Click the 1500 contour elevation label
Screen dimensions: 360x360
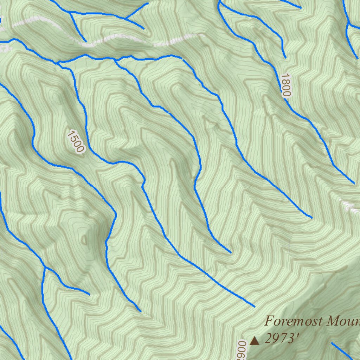76,141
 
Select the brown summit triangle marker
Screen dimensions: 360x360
255,340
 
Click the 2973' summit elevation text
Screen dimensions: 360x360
282,339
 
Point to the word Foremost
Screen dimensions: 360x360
292,321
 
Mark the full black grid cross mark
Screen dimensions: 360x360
289,246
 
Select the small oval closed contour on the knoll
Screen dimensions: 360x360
83,239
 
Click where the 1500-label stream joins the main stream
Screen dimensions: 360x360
58,63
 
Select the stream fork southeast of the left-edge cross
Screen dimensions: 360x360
45,268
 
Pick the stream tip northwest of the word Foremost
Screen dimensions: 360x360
254,307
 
